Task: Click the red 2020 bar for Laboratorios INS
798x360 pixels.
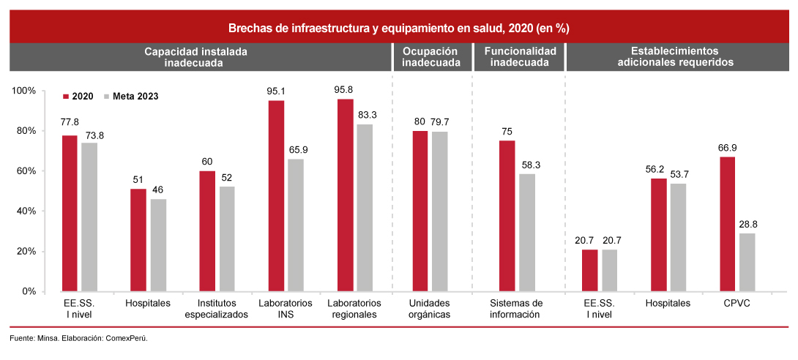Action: point(276,195)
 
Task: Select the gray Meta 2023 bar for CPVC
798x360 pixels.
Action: point(747,262)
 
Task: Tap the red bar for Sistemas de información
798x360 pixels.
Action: point(507,216)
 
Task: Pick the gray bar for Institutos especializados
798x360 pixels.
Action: point(227,239)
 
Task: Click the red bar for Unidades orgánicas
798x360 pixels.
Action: point(420,211)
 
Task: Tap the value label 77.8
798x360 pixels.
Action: point(70,122)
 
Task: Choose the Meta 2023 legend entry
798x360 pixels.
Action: point(135,96)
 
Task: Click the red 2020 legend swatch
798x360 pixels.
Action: point(65,96)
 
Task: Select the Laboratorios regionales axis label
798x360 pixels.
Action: point(354,308)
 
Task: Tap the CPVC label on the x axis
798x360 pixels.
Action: point(737,302)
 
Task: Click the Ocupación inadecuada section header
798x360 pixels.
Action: point(430,57)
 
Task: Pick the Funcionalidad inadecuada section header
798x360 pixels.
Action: point(520,57)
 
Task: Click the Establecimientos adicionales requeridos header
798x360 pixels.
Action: point(675,57)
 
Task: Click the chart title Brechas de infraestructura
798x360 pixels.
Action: point(398,29)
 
